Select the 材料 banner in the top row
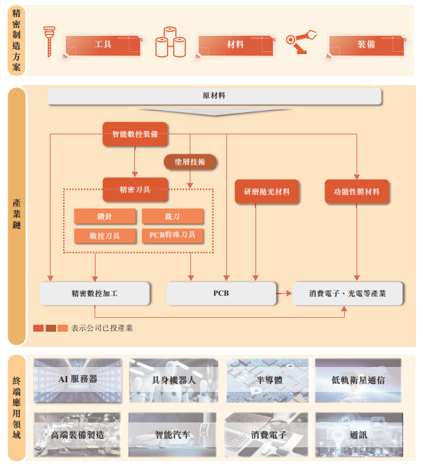click(x=235, y=45)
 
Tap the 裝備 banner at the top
click(x=366, y=45)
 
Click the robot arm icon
click(x=301, y=42)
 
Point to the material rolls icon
click(x=170, y=42)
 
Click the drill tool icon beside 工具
click(x=49, y=42)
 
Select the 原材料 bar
click(x=214, y=96)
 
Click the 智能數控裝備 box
click(x=135, y=134)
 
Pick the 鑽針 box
click(x=105, y=217)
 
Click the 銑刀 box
click(x=172, y=217)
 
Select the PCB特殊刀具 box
click(x=172, y=235)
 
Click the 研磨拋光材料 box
click(x=267, y=191)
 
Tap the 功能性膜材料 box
click(x=357, y=191)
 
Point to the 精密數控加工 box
click(x=95, y=294)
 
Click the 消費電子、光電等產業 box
click(x=347, y=294)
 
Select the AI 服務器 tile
click(x=78, y=379)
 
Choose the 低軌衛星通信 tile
click(x=359, y=379)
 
